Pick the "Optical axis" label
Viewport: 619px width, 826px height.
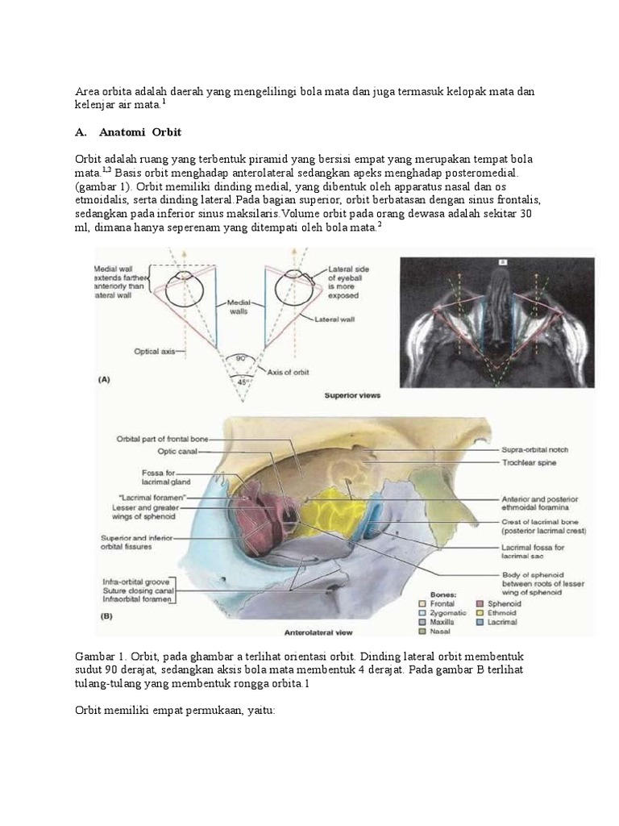[157, 351]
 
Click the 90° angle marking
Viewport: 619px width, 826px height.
[239, 357]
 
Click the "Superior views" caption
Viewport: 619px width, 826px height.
[352, 396]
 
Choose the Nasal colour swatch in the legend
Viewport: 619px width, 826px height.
[422, 632]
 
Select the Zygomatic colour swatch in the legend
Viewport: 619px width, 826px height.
[422, 612]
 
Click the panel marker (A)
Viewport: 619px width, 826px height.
[103, 378]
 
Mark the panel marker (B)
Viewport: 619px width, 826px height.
[106, 617]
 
